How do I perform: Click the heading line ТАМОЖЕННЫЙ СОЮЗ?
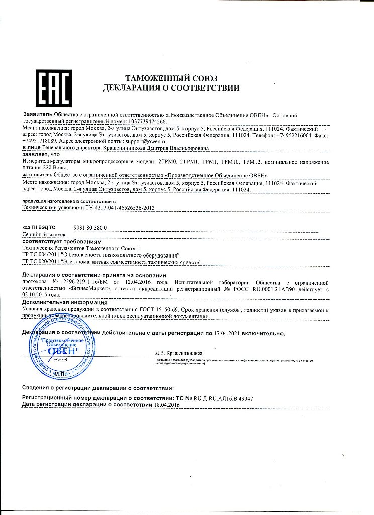pyautogui.click(x=171, y=78)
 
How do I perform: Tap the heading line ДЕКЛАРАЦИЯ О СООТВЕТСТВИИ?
pyautogui.click(x=171, y=89)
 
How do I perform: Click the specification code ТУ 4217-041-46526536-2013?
pyautogui.click(x=106, y=207)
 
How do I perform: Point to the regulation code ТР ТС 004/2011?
pyautogui.click(x=41, y=255)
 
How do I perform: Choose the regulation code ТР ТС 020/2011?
pyautogui.click(x=41, y=262)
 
